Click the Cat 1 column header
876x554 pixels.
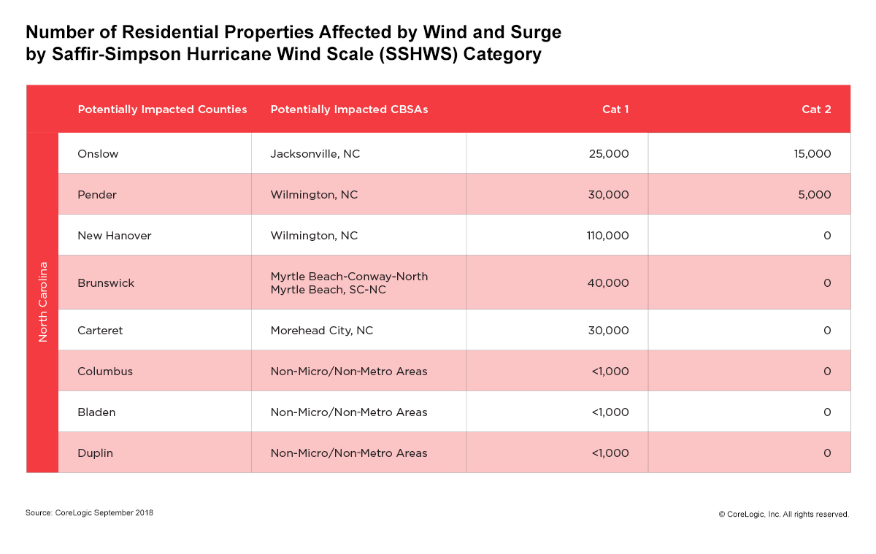point(615,109)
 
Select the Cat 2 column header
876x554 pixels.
point(816,109)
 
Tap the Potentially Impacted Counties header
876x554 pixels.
point(162,109)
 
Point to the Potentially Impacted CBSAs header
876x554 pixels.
point(349,109)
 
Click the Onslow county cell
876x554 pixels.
point(98,154)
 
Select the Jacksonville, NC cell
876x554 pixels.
point(315,154)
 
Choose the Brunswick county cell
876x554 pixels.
point(106,283)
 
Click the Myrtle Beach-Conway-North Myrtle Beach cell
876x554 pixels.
point(349,283)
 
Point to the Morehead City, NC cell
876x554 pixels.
point(321,331)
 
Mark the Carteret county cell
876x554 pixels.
point(100,331)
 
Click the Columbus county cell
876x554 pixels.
point(105,372)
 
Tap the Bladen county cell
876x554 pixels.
point(96,412)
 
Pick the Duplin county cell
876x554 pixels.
point(95,453)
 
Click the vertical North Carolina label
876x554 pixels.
point(42,301)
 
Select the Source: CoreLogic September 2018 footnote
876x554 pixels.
point(89,513)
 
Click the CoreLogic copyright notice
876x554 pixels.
point(783,515)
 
